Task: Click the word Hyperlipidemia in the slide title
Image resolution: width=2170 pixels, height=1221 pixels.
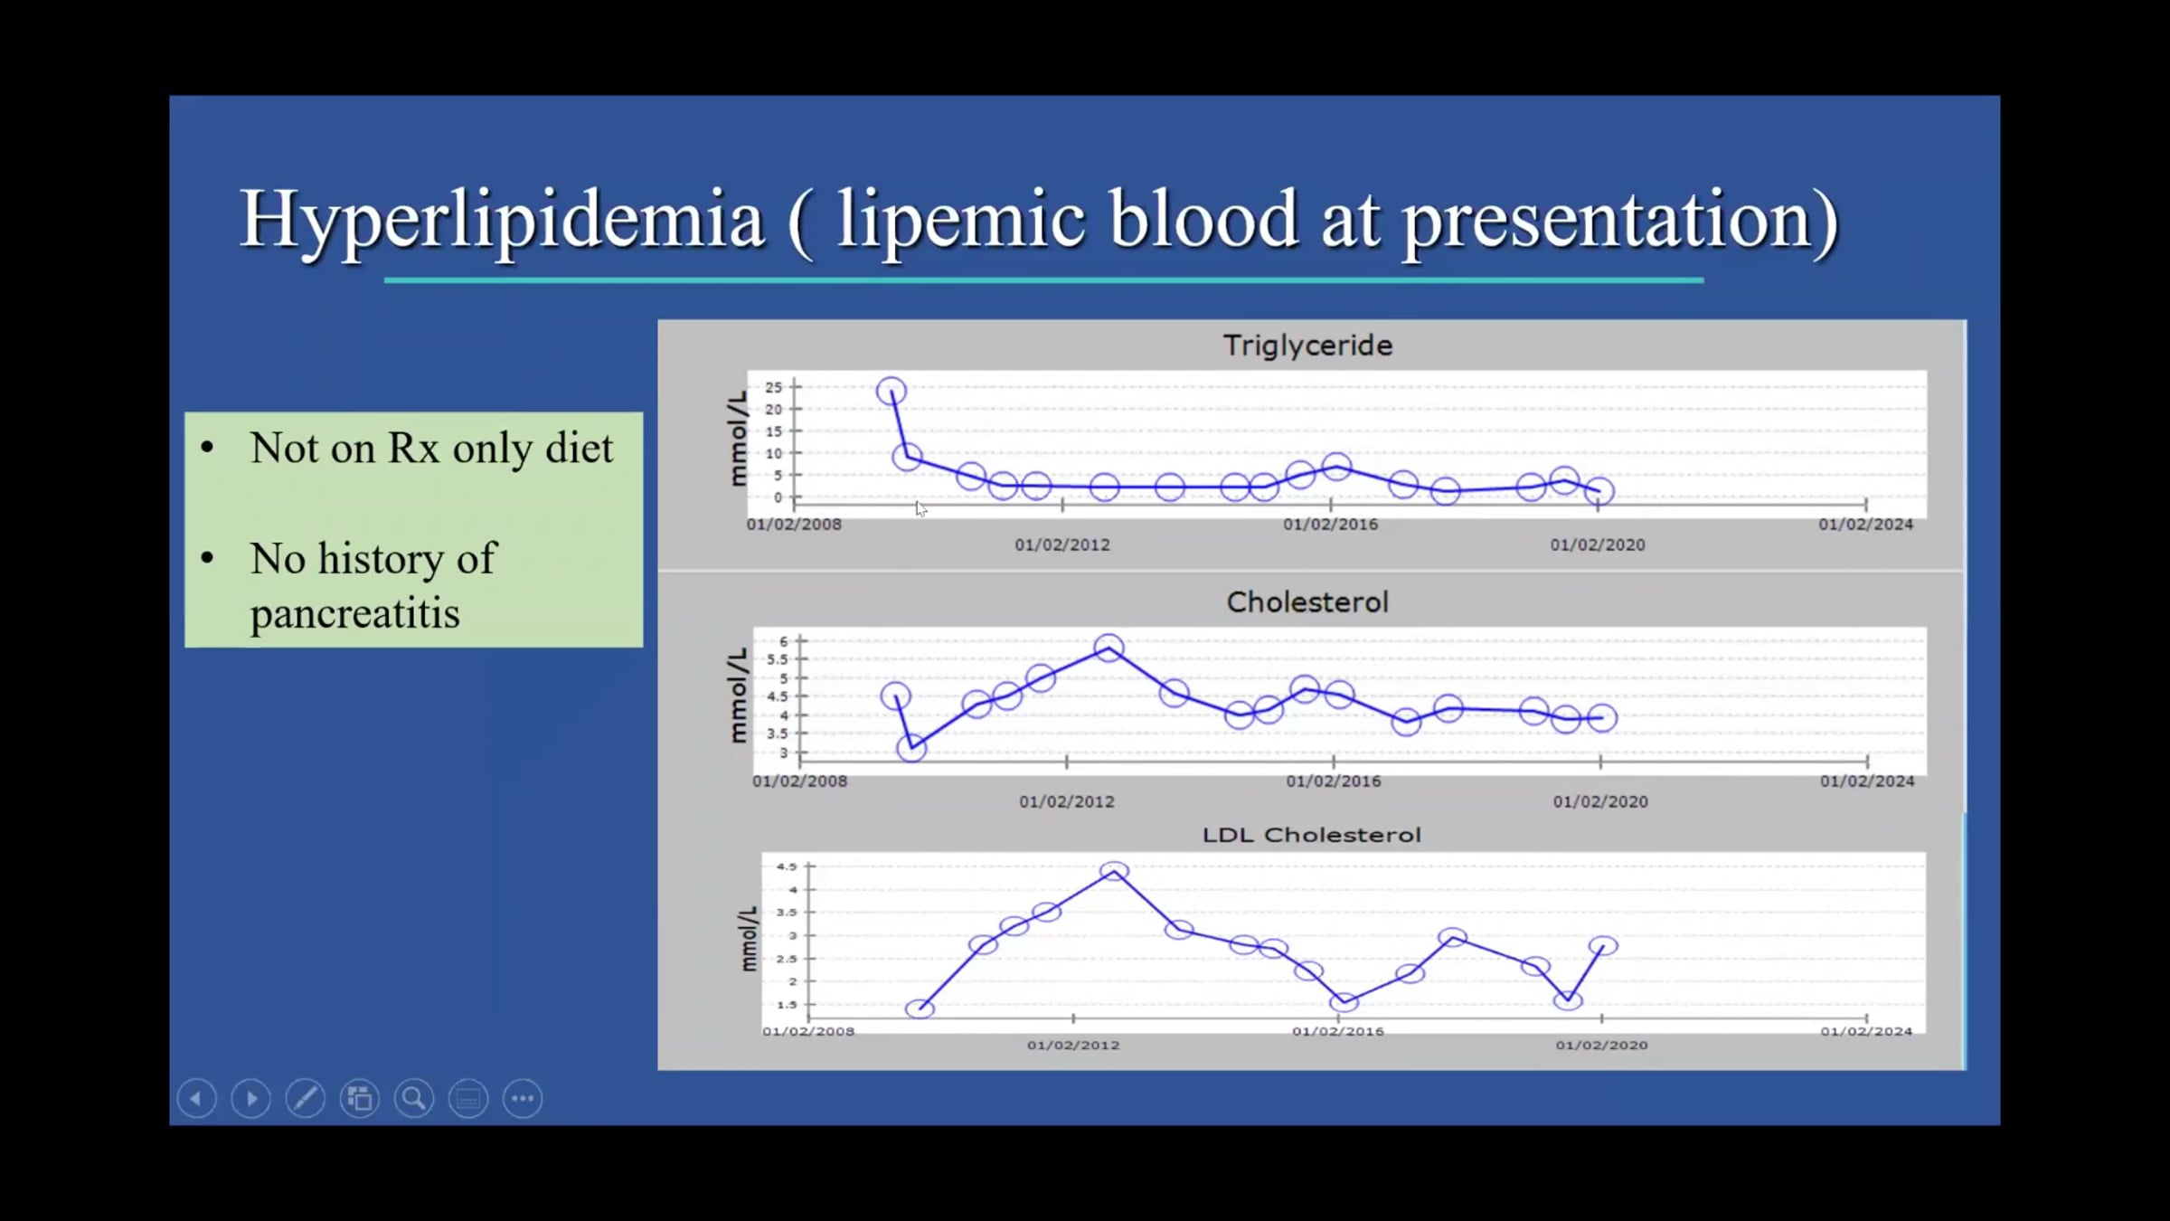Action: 502,219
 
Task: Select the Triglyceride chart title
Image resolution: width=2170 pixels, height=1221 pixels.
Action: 1307,345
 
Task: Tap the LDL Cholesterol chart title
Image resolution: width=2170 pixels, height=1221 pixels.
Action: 1311,835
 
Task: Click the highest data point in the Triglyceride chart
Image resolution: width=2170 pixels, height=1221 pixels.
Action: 892,392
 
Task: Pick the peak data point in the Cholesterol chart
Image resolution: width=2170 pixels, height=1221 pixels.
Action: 1109,648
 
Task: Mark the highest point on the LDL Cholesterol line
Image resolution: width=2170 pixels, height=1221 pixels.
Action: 1114,871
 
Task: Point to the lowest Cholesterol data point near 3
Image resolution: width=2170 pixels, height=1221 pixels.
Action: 911,748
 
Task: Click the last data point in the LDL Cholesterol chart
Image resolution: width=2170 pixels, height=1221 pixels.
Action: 1603,946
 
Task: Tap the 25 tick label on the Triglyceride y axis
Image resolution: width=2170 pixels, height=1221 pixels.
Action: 773,387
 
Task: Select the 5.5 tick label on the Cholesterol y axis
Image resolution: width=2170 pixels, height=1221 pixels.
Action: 778,659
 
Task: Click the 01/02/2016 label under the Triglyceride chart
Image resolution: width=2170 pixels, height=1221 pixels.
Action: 1330,525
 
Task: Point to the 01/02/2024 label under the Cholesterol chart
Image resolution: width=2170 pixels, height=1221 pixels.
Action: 1867,781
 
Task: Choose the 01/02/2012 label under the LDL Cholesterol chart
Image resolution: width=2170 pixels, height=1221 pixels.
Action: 1073,1045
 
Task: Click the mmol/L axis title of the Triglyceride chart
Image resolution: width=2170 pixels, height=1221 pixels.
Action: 739,439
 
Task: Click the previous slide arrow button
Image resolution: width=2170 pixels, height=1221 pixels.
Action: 197,1099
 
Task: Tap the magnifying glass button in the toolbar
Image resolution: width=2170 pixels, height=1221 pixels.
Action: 414,1099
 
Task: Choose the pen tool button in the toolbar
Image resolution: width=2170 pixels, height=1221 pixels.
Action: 306,1099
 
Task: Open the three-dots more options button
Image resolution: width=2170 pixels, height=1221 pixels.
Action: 523,1099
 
